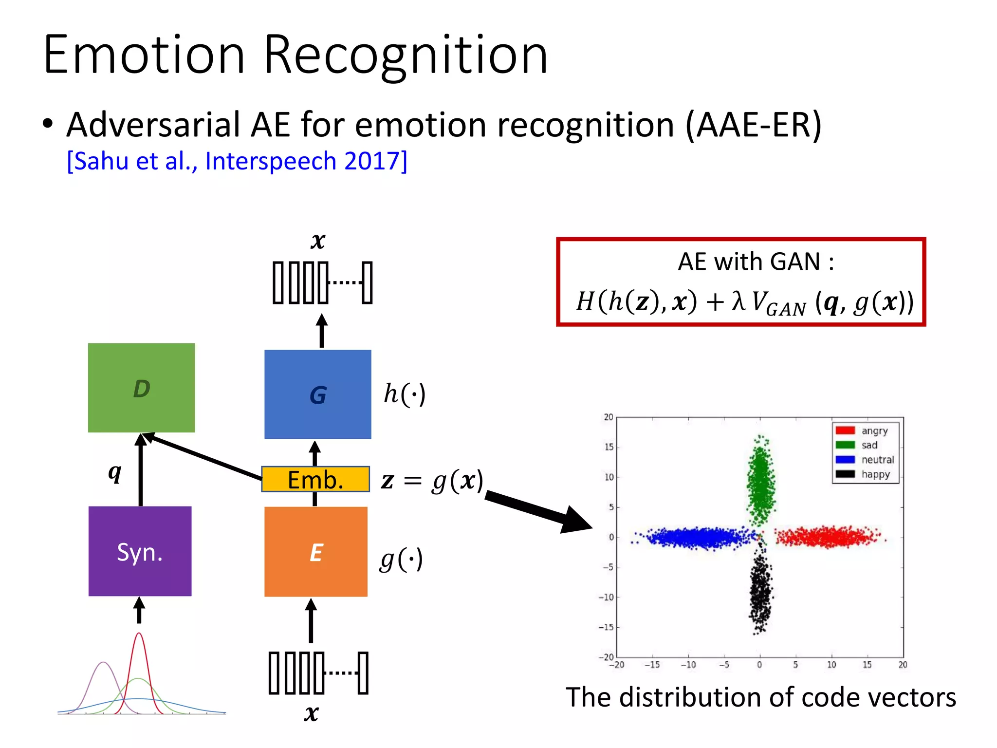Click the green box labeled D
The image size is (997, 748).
coord(141,388)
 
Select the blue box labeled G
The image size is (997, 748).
coord(317,394)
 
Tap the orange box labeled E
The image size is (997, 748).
coord(315,551)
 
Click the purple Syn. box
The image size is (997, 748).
coord(140,551)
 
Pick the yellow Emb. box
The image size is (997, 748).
coord(315,480)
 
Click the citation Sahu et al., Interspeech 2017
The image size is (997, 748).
coord(237,161)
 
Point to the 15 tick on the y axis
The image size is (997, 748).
coord(609,447)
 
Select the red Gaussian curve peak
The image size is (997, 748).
coord(139,634)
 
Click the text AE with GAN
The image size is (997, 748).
coord(756,262)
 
